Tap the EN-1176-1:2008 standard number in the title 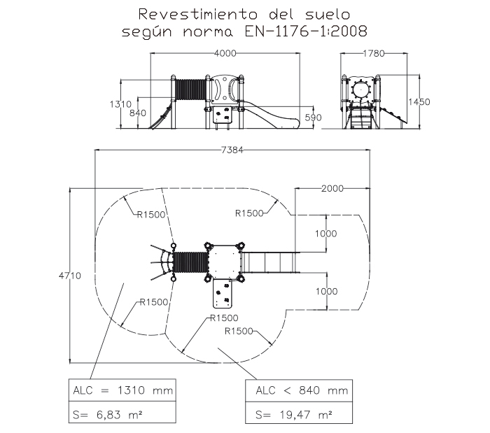311,31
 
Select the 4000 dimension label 225,53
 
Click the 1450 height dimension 419,102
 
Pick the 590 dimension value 314,117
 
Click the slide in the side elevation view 269,115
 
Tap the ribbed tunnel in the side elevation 190,90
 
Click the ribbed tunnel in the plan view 190,262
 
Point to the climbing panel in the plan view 224,292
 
